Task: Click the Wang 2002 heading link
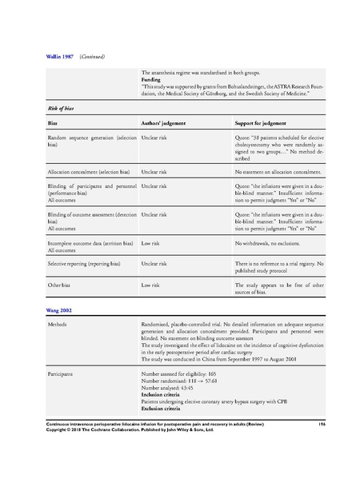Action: point(61,309)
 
